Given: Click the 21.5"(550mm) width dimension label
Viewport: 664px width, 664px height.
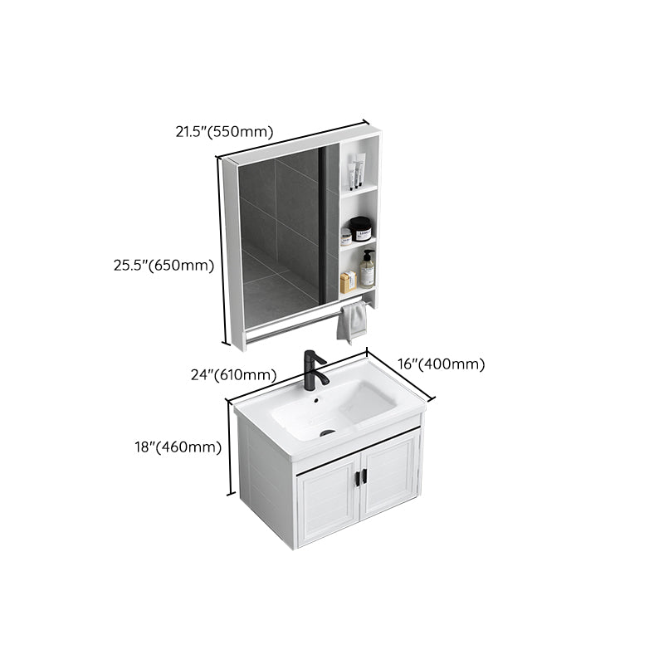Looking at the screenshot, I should [223, 130].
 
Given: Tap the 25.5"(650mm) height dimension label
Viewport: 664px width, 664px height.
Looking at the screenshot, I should [164, 266].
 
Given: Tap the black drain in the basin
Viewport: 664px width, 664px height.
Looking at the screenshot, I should [327, 432].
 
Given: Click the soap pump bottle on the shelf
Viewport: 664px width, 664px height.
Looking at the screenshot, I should [367, 270].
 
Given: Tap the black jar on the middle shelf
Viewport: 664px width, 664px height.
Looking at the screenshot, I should [360, 228].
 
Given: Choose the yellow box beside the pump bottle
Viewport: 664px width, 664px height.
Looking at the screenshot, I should [348, 281].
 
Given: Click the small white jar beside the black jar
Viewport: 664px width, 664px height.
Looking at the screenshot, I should [345, 237].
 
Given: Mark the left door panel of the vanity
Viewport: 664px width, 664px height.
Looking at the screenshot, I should [326, 505].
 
